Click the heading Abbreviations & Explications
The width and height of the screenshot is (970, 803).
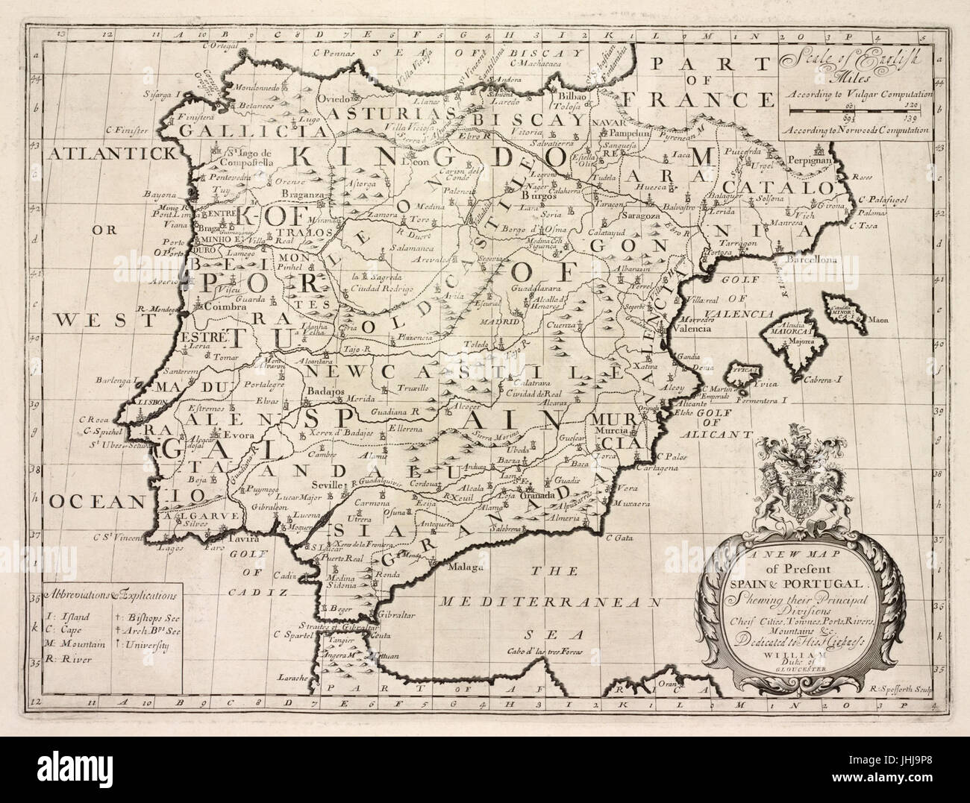pyautogui.click(x=110, y=596)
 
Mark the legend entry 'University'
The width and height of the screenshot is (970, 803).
pyautogui.click(x=145, y=643)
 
